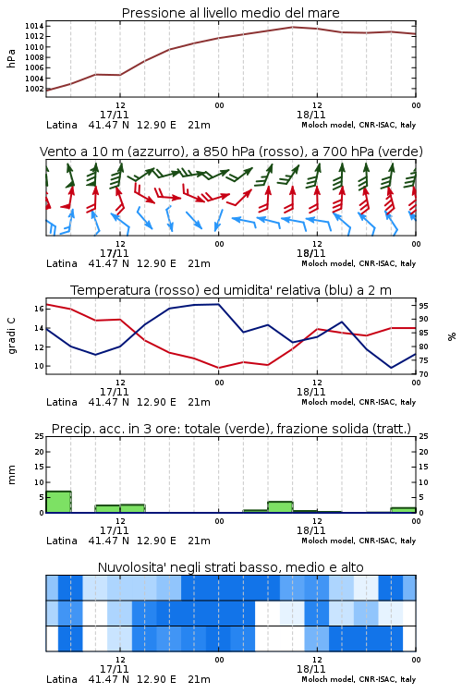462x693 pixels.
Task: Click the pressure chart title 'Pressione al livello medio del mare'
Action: click(x=230, y=13)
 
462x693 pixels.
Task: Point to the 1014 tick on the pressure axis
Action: click(x=34, y=26)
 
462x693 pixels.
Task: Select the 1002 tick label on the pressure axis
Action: click(x=34, y=89)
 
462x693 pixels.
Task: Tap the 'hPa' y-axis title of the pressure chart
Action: click(x=11, y=58)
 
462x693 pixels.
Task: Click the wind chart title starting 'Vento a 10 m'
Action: click(x=231, y=152)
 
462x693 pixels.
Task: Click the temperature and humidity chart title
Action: click(x=231, y=290)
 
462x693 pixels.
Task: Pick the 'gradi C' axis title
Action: click(x=11, y=335)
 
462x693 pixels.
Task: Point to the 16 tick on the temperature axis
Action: click(x=39, y=309)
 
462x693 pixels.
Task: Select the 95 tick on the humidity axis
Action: click(x=423, y=306)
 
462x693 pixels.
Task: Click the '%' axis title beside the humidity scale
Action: click(x=452, y=336)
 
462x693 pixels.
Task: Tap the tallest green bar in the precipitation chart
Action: click(x=59, y=502)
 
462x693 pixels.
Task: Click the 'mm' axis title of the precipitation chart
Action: click(x=11, y=474)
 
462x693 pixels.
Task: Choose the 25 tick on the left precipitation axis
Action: click(x=39, y=436)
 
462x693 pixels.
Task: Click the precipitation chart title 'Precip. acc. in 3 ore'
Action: click(x=231, y=429)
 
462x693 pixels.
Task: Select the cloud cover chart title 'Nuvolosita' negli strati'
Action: click(x=230, y=567)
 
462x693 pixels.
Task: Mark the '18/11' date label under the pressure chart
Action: click(x=310, y=115)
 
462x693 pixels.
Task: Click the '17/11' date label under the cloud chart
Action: click(x=114, y=669)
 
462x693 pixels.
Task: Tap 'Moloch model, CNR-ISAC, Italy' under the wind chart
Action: click(x=359, y=263)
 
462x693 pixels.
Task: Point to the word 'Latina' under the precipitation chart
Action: click(x=62, y=541)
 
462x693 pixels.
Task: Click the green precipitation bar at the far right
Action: click(x=403, y=510)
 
